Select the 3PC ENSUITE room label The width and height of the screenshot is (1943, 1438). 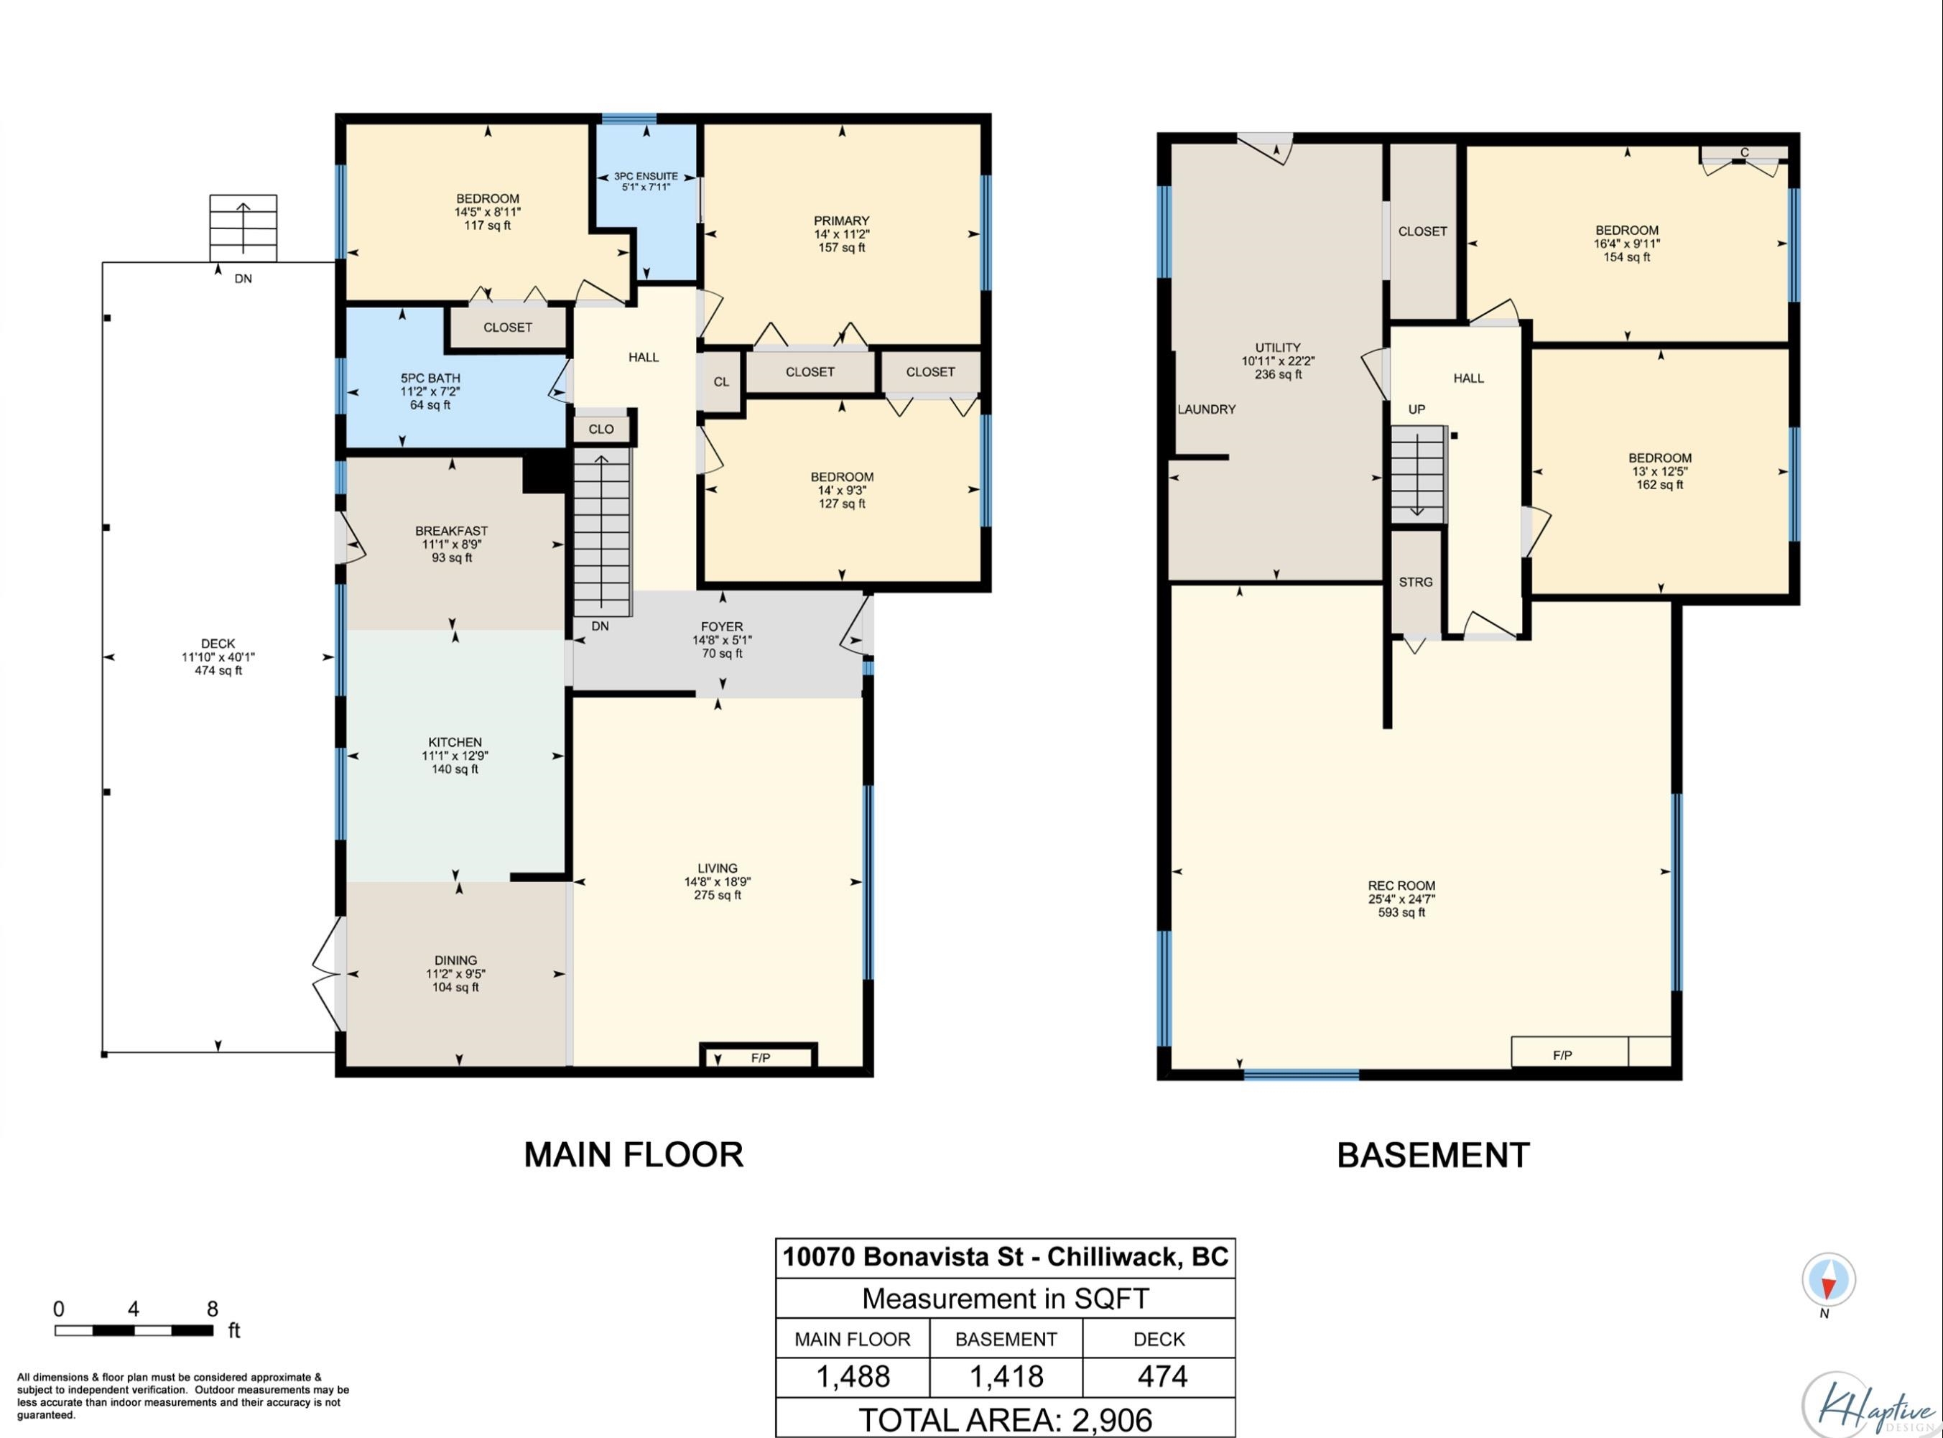(645, 181)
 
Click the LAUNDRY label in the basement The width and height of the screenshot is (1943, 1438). (1206, 409)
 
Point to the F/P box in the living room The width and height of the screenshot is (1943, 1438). (759, 1056)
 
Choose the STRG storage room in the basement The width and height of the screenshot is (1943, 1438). (1416, 582)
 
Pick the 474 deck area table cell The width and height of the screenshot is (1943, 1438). (1159, 1376)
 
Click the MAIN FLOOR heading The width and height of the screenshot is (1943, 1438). (634, 1154)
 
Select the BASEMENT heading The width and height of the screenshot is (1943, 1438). (1433, 1155)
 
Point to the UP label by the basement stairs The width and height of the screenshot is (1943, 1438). (1416, 409)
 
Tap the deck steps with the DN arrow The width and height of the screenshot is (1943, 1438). (243, 228)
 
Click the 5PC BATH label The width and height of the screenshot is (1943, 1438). (430, 391)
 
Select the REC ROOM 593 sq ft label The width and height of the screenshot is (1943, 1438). (1401, 899)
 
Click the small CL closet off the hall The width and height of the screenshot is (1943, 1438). (720, 381)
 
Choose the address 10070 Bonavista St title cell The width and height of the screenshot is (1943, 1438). (1006, 1257)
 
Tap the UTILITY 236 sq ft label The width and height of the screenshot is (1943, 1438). (1278, 361)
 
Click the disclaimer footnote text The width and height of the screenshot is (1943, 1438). (183, 1396)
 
